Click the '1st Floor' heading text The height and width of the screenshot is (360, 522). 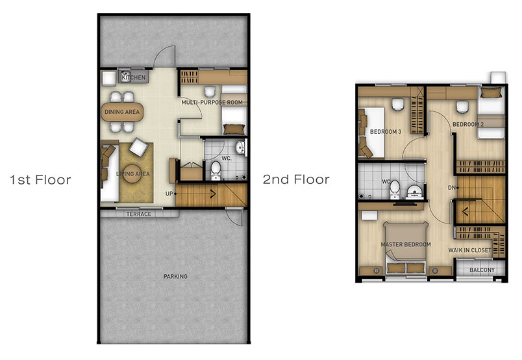click(x=40, y=180)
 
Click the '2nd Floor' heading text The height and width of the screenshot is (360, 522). click(x=296, y=179)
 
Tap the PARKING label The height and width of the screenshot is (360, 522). click(x=175, y=276)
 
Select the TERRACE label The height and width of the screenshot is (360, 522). click(x=139, y=214)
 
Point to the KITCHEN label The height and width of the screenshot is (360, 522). click(x=134, y=77)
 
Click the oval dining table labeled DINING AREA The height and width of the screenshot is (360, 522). click(x=122, y=112)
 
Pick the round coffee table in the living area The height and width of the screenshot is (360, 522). click(x=132, y=174)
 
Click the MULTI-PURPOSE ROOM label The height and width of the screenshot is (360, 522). click(x=212, y=102)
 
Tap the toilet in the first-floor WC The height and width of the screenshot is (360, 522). click(x=216, y=170)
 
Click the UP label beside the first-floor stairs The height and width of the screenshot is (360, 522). click(x=169, y=194)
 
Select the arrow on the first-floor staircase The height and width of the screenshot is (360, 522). click(x=212, y=194)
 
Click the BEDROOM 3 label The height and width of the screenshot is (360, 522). click(x=386, y=132)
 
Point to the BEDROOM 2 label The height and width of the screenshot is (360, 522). click(x=468, y=124)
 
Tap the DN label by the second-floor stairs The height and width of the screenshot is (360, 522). click(x=451, y=188)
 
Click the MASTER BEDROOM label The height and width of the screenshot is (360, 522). click(x=406, y=244)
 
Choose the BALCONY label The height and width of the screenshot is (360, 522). click(x=482, y=270)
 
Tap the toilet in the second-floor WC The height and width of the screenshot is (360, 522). click(x=395, y=189)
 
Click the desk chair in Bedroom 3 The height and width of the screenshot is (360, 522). click(x=398, y=105)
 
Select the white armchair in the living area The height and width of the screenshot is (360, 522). click(x=139, y=147)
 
